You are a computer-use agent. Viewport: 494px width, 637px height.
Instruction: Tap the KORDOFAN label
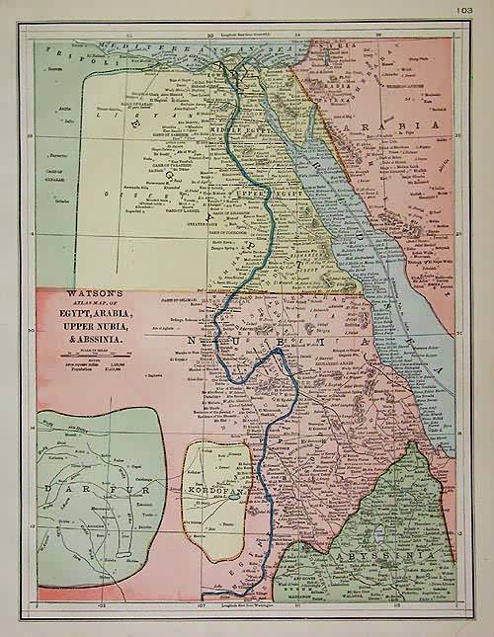coord(213,491)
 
